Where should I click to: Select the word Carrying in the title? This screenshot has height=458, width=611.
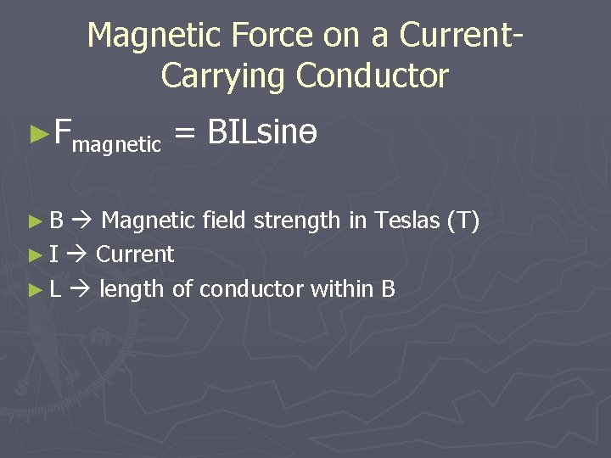click(223, 75)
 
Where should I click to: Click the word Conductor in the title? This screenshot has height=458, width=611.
click(372, 75)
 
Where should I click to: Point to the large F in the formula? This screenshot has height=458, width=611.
click(62, 131)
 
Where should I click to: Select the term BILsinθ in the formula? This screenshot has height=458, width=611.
click(262, 131)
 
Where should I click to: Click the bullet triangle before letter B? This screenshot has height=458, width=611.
click(34, 222)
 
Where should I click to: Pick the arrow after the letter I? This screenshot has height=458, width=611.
click(77, 254)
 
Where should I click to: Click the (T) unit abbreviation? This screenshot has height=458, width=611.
click(463, 221)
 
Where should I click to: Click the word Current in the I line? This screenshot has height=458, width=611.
click(135, 254)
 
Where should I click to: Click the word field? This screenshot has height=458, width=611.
click(225, 221)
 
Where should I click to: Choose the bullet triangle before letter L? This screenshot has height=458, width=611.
click(34, 290)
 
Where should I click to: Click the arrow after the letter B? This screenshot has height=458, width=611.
click(82, 222)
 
